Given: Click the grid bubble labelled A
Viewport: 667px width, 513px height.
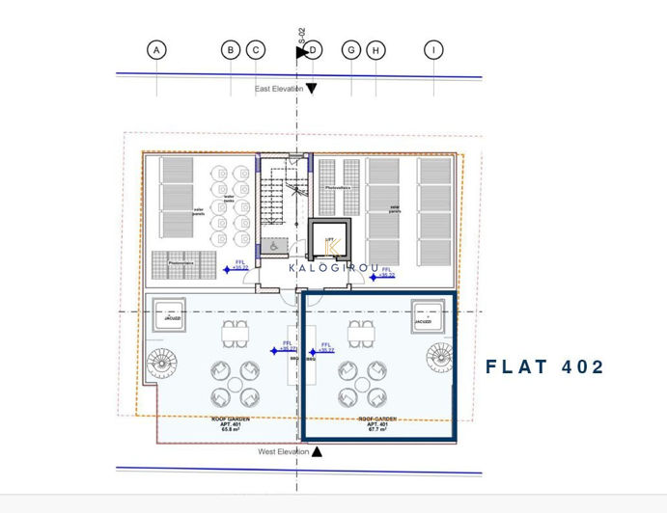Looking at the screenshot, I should point(156,50).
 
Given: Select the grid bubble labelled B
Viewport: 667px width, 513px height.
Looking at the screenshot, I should point(230,50).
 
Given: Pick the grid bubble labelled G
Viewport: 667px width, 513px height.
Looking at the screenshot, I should point(351,50).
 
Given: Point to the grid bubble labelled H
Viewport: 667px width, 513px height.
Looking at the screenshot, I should point(375,50).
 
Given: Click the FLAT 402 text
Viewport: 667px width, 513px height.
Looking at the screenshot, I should point(544,367).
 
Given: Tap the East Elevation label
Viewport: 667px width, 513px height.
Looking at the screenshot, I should point(279,89).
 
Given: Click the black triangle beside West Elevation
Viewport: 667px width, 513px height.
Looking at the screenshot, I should point(317,451).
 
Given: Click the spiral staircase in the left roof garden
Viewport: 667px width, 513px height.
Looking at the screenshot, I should point(161,364).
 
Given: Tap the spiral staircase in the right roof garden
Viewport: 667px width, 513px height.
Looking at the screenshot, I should point(440,359).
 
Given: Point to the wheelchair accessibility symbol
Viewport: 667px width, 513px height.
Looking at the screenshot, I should point(275,246).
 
